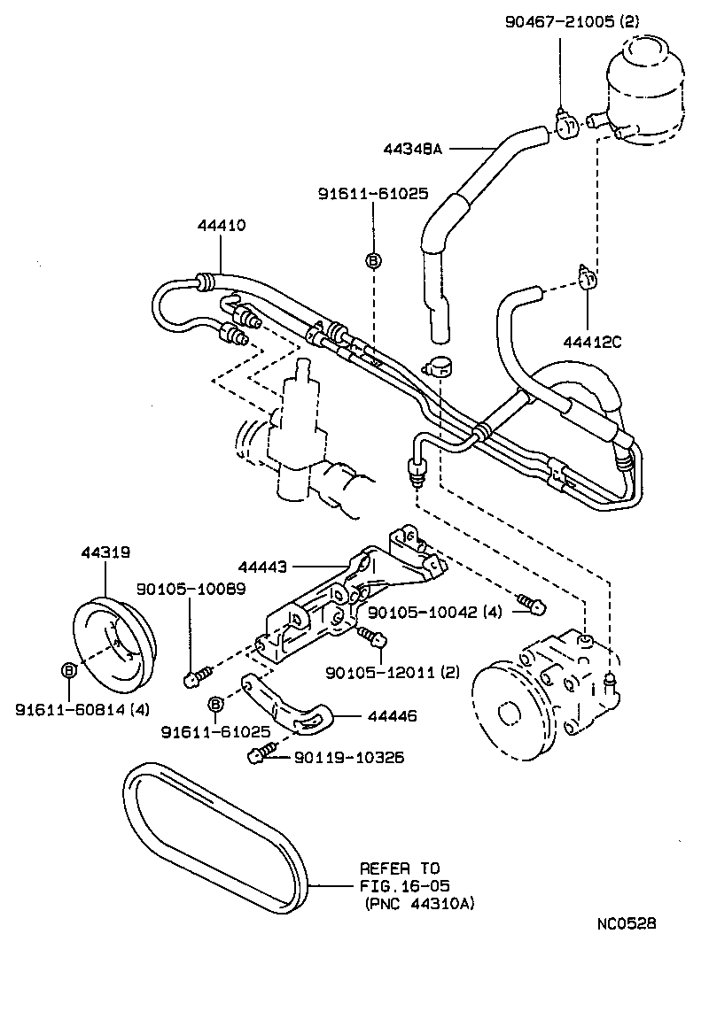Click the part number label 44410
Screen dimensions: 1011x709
pyautogui.click(x=222, y=226)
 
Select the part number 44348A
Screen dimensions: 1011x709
pyautogui.click(x=413, y=150)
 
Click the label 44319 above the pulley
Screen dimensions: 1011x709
pyautogui.click(x=105, y=552)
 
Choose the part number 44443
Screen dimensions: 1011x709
pyautogui.click(x=263, y=566)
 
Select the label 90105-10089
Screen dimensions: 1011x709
pyautogui.click(x=191, y=590)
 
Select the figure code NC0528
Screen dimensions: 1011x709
pyautogui.click(x=626, y=923)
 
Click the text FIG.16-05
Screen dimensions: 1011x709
pyautogui.click(x=399, y=885)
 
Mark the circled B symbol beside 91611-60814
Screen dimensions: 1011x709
pyautogui.click(x=68, y=670)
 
